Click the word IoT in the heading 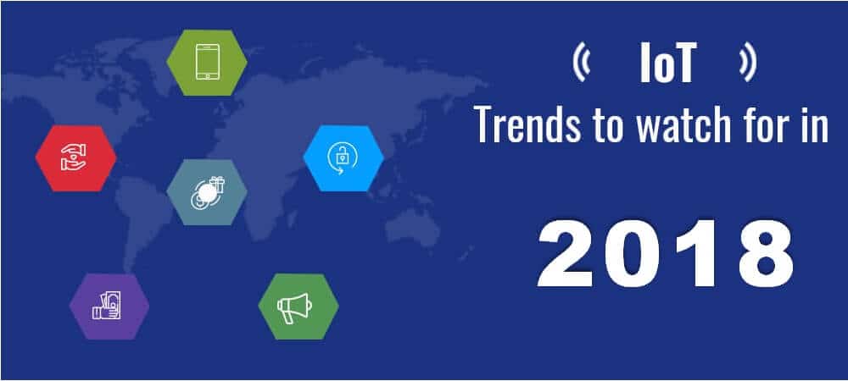pos(666,63)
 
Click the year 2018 pos(665,254)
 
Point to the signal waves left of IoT pos(581,63)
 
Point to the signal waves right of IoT pos(748,63)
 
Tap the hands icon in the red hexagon pos(75,157)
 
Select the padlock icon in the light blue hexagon pos(343,158)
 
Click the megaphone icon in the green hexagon pos(294,307)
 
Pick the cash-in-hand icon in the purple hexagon pos(107,306)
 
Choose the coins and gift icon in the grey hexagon pos(207,192)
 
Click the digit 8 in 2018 pos(765,254)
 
